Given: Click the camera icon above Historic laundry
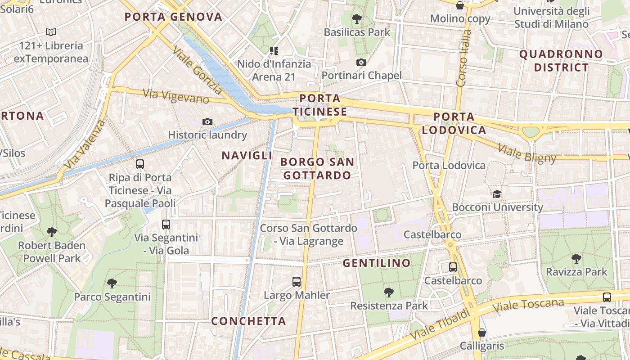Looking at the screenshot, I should (x=207, y=121).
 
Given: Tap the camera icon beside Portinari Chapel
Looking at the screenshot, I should (x=361, y=63).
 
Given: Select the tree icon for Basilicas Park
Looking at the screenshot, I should (x=357, y=19).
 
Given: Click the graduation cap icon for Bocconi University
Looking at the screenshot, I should (x=497, y=194).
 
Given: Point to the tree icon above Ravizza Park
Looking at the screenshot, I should (x=576, y=259).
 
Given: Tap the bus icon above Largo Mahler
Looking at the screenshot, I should (x=297, y=282).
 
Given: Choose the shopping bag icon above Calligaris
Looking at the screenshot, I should (x=482, y=333).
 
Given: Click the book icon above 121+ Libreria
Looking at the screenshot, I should (x=51, y=32).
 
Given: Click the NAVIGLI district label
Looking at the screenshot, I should (x=247, y=156).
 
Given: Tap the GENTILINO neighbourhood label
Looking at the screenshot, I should (x=377, y=263).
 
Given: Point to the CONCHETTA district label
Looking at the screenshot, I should (x=248, y=321).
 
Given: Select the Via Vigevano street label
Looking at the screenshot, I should (x=176, y=96).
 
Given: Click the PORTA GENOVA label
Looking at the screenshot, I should (x=173, y=17).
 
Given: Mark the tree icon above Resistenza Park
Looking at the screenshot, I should (x=388, y=292).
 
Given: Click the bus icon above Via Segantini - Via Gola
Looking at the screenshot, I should (x=166, y=224).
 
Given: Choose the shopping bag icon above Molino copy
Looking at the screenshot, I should (x=459, y=5).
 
